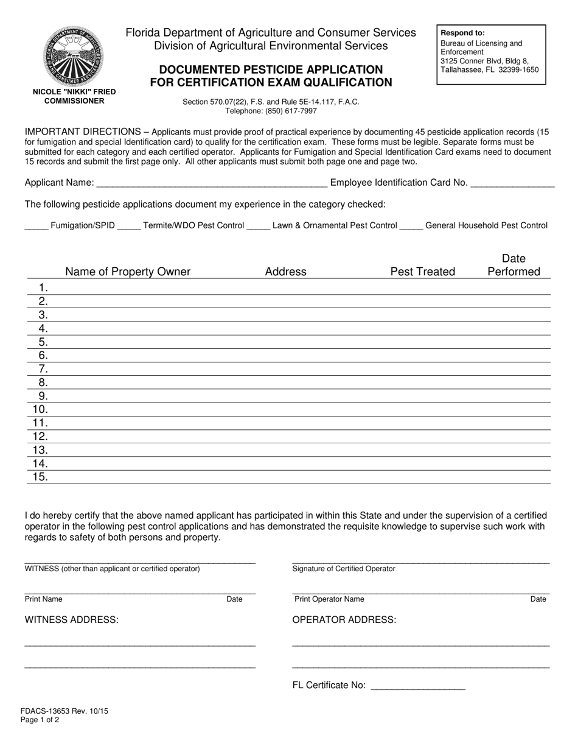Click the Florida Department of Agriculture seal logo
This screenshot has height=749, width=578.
point(74,56)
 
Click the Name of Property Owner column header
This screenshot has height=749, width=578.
point(128,272)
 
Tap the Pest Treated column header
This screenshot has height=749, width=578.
point(422,272)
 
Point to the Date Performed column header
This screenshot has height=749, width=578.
point(514,265)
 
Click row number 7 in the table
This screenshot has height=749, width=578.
point(43,369)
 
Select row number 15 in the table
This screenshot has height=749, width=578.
point(40,477)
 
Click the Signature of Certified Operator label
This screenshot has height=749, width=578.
point(344,569)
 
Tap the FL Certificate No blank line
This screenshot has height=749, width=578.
point(417,687)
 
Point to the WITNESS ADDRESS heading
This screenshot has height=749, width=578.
point(72,620)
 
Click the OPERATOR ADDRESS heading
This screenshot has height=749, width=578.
point(344,620)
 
